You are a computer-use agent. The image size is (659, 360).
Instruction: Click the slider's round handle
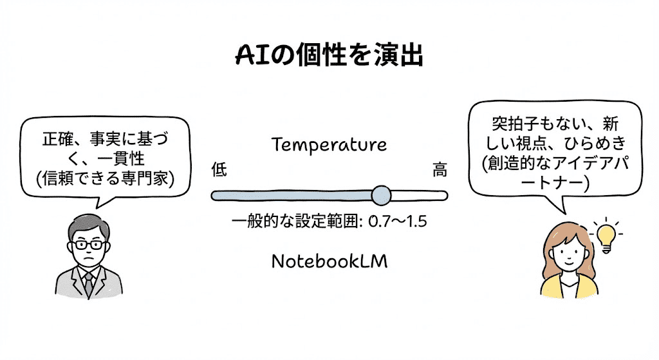pyautogui.click(x=381, y=194)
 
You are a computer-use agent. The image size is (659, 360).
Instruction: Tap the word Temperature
pyautogui.click(x=329, y=144)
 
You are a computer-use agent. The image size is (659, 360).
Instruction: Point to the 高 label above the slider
pyautogui.click(x=440, y=171)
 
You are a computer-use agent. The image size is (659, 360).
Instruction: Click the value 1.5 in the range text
pyautogui.click(x=415, y=222)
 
